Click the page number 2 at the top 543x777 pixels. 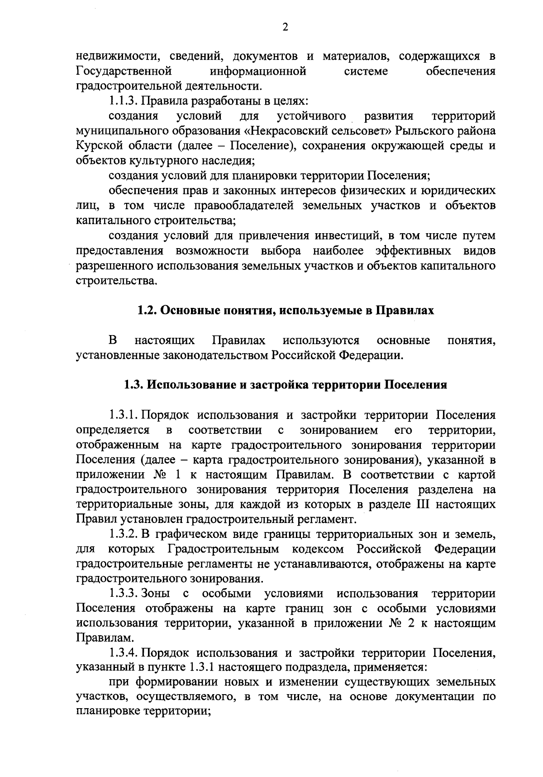click(285, 28)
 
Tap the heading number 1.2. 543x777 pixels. click(148, 311)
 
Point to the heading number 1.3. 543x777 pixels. click(134, 385)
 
